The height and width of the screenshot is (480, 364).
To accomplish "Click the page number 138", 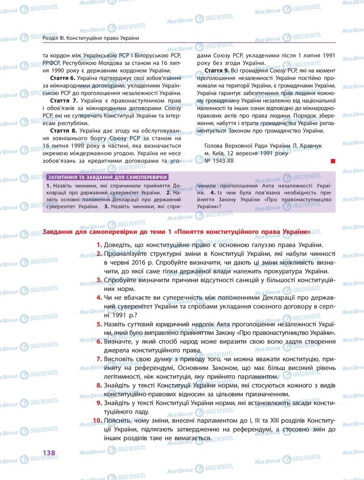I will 49,452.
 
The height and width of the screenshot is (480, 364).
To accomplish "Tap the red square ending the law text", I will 333,161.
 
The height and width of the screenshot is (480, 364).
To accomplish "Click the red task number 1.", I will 99,245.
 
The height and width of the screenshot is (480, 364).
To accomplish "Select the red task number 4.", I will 99,298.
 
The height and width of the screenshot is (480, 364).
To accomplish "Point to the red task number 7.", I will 99,359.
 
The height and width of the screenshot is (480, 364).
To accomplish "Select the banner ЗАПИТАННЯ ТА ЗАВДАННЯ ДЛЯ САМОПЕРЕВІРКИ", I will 107,177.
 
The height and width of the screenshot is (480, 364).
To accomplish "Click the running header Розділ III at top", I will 53,37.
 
